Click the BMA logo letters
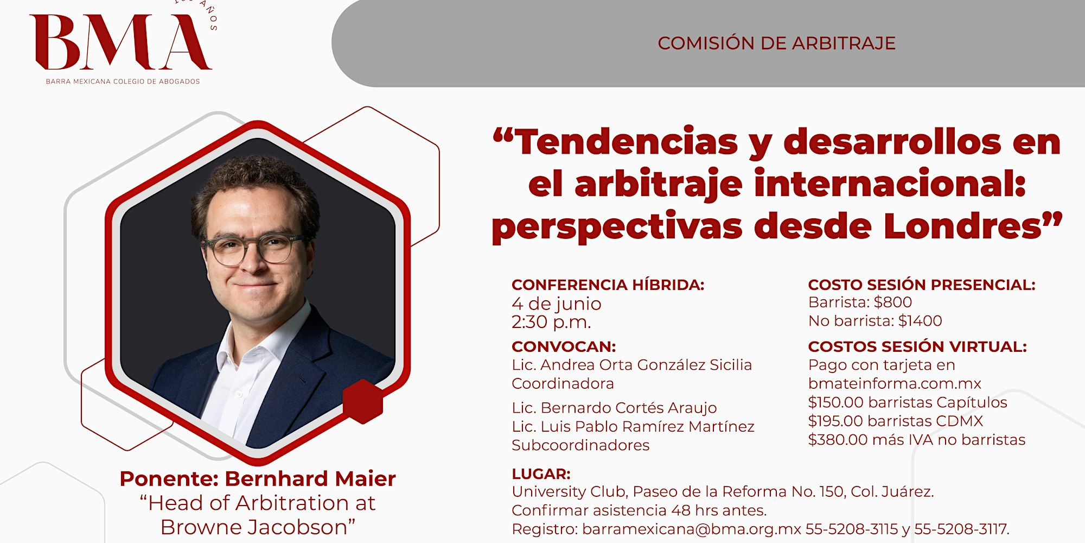[120, 42]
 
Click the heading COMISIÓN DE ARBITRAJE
[776, 43]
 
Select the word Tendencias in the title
[626, 142]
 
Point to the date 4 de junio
[556, 304]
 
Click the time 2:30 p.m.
[551, 322]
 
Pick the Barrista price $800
[892, 302]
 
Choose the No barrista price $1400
[920, 321]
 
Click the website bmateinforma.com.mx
[895, 383]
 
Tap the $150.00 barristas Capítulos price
[908, 402]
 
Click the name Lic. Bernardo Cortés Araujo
[614, 408]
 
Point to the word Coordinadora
[563, 383]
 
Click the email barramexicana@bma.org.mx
[692, 529]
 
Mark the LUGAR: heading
[541, 474]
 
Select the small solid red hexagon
[363, 401]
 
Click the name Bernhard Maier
[310, 479]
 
